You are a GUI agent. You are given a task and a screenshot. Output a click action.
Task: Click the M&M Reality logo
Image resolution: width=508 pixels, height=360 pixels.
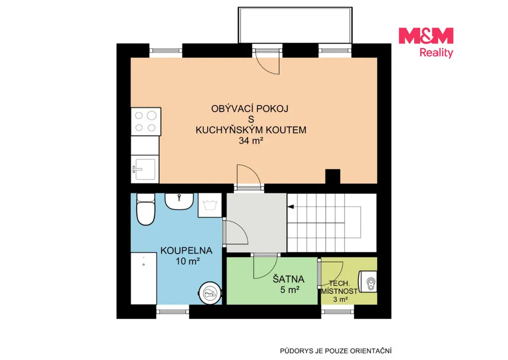click(x=426, y=43)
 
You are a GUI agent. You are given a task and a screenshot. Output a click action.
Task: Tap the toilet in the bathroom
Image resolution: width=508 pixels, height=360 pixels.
click(x=146, y=209)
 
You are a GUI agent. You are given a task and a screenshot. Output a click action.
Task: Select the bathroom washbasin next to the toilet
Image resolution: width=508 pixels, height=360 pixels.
click(x=179, y=202)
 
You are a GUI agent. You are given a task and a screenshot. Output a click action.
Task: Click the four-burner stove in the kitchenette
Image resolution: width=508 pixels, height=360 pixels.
click(x=146, y=121)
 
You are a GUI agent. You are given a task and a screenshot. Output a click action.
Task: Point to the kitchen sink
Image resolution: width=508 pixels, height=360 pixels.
click(x=145, y=169)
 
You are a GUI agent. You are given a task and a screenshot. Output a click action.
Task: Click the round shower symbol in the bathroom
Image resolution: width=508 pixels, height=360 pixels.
click(x=210, y=293)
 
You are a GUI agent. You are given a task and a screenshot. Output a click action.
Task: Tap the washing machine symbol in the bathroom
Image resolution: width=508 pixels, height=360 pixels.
click(x=210, y=205)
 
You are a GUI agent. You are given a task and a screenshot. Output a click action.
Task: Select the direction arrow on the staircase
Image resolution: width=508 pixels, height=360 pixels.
click(x=291, y=207)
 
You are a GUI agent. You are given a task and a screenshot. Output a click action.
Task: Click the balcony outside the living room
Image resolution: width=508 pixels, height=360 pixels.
click(x=295, y=25)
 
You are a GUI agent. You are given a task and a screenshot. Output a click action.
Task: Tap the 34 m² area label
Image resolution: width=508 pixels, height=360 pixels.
click(x=251, y=141)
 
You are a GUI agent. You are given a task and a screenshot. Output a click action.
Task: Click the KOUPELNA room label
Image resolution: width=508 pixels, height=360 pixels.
click(x=187, y=250)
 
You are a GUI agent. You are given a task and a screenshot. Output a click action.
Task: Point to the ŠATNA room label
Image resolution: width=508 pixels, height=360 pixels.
click(x=288, y=279)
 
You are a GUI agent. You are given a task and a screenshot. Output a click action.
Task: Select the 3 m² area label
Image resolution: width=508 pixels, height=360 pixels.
click(x=340, y=299)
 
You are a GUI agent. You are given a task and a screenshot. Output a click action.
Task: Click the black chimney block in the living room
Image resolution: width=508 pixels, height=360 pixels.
click(x=333, y=176)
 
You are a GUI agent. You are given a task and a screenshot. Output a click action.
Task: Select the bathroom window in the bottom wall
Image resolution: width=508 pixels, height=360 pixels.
click(x=173, y=312)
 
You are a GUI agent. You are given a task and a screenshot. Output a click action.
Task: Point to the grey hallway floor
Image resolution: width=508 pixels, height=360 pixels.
click(x=256, y=222)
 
